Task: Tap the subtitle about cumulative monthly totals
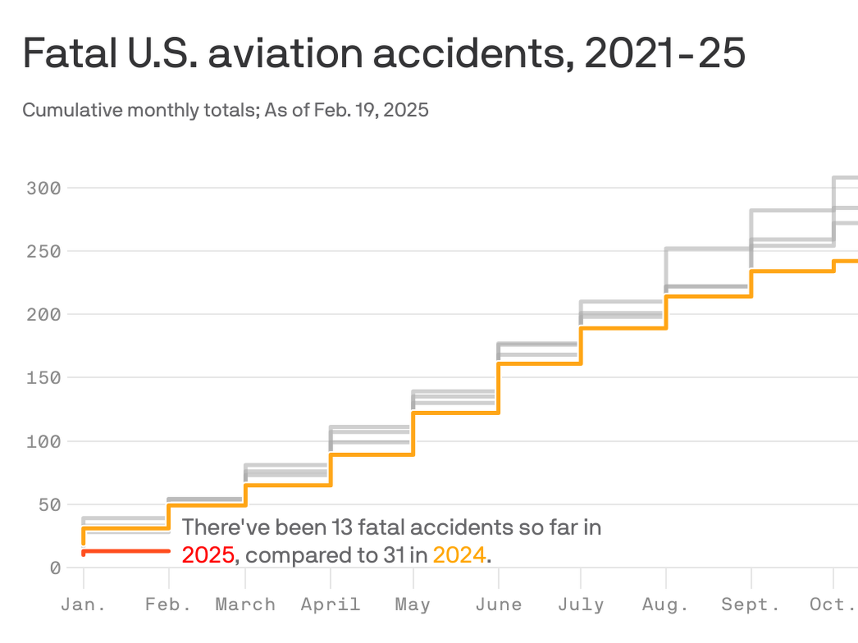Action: (x=225, y=110)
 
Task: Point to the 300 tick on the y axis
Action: (x=43, y=188)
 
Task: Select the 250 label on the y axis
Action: (x=43, y=252)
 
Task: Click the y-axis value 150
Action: (x=43, y=378)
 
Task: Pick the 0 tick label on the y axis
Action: (x=55, y=568)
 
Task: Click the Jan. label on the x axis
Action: (x=83, y=605)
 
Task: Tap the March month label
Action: (x=245, y=605)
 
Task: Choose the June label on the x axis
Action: (x=499, y=605)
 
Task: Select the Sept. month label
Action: (x=751, y=605)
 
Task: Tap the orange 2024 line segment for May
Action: (x=456, y=413)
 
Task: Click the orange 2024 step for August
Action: (x=708, y=296)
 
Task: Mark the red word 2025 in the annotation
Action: (x=208, y=555)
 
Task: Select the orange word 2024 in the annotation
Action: (x=459, y=555)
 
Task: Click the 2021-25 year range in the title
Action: (x=665, y=54)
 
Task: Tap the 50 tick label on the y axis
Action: (x=49, y=505)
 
